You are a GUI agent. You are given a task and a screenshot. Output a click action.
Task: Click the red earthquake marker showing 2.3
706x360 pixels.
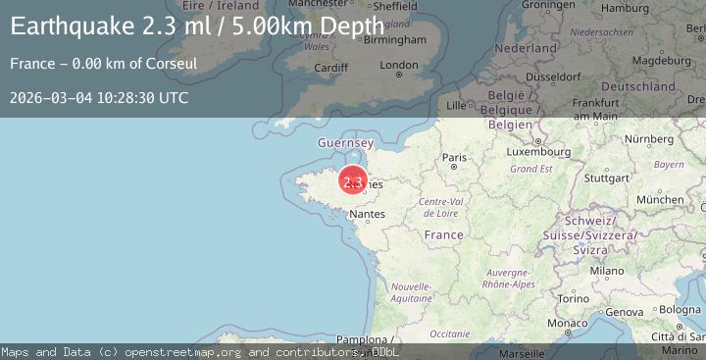click(353, 180)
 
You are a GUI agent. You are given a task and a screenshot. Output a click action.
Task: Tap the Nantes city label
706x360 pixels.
click(367, 213)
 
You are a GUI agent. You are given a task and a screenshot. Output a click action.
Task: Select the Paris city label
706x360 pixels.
click(455, 157)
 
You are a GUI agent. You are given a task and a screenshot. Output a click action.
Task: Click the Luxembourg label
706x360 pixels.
click(538, 152)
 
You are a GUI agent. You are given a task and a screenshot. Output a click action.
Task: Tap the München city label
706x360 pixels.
click(660, 199)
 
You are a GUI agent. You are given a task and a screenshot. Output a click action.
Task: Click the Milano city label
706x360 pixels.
click(607, 270)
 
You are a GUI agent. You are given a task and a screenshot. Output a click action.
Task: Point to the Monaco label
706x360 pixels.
click(568, 323)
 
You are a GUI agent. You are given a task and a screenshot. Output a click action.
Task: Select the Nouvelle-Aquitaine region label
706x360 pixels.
click(412, 291)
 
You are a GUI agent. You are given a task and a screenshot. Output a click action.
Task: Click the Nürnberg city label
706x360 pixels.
click(649, 138)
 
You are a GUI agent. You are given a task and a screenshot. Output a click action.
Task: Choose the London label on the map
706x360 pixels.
click(399, 66)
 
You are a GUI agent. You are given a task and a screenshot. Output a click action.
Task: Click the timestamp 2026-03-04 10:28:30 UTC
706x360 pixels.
click(99, 97)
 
